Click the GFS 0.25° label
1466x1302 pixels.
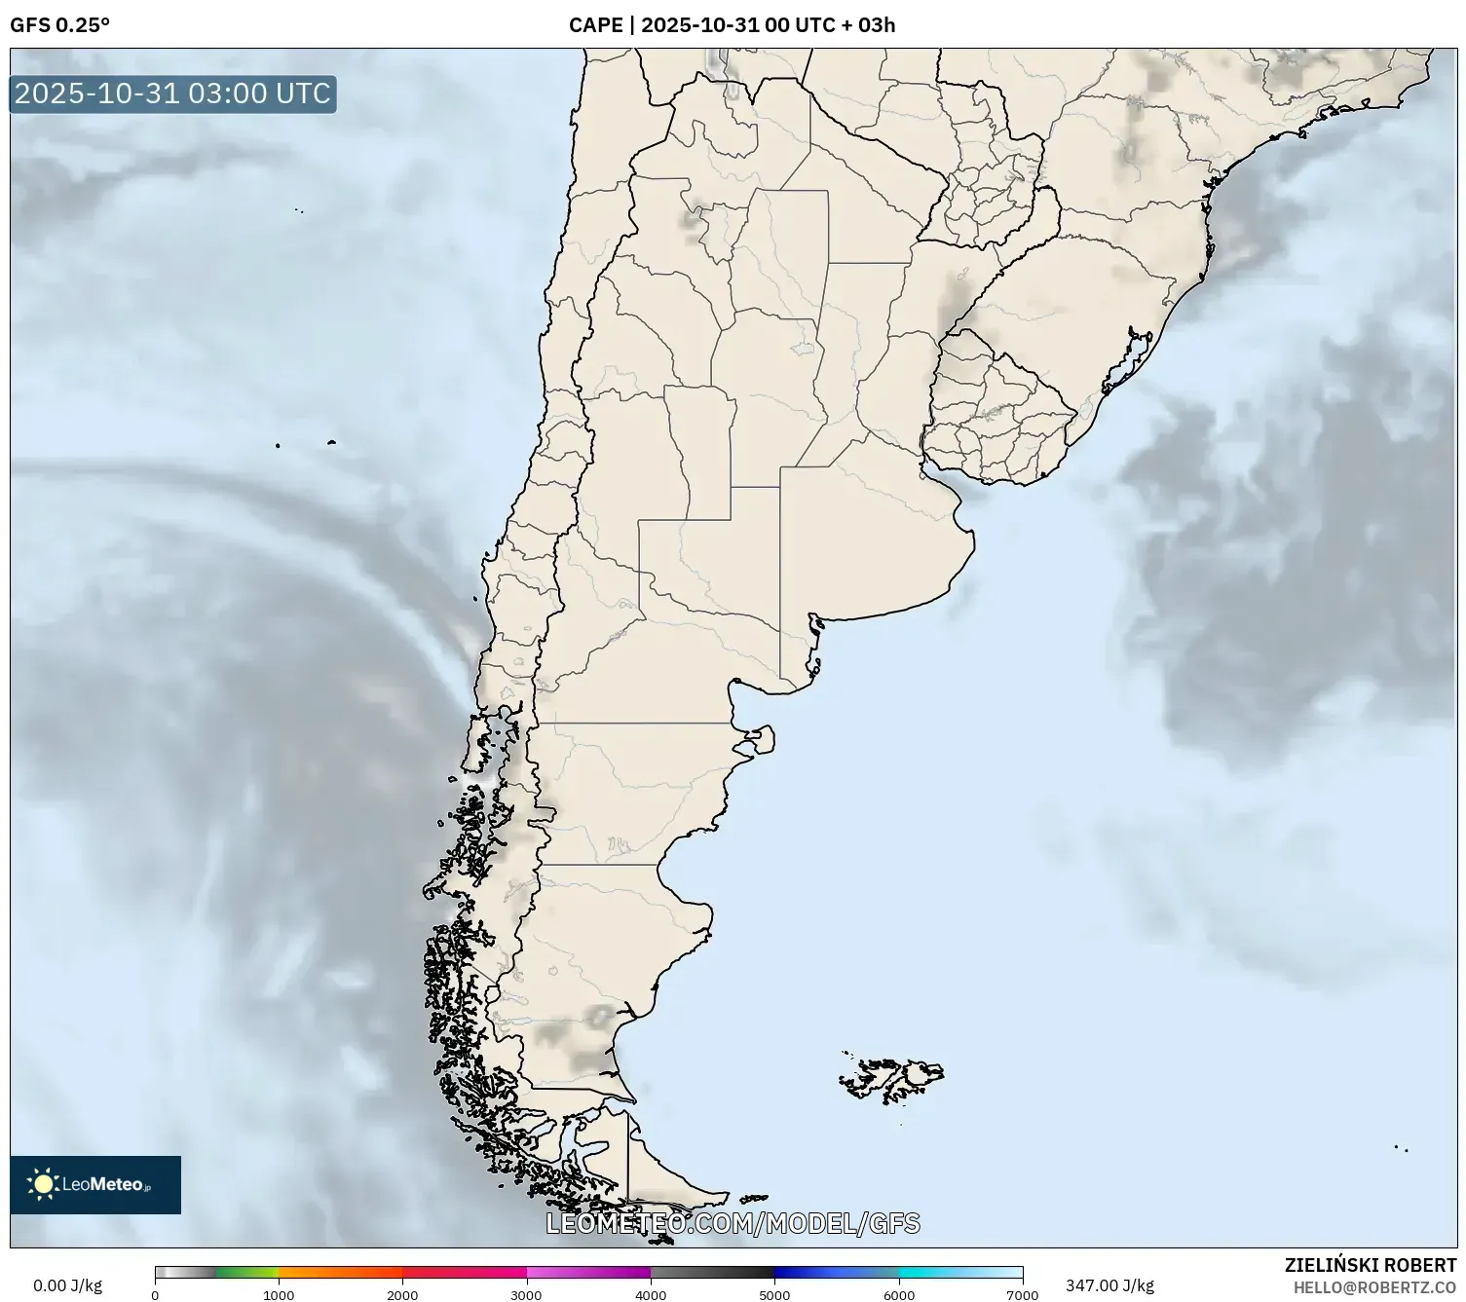59,25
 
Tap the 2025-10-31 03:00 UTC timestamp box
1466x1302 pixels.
173,93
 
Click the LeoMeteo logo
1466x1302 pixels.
95,1184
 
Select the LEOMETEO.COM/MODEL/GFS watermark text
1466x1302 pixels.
733,1223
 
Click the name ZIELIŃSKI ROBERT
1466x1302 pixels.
1370,1265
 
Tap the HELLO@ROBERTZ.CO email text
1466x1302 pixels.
1374,1287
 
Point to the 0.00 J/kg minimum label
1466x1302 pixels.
67,1285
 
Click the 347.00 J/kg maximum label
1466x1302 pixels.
1109,1285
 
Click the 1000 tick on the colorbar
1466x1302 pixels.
279,1294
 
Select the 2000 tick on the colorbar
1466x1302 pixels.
402,1294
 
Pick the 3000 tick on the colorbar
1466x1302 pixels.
527,1294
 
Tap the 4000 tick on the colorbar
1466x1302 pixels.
651,1294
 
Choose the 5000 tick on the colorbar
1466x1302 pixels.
774,1294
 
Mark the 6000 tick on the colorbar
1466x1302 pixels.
899,1294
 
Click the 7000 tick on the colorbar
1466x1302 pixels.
1023,1294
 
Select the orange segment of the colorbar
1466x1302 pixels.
340,1272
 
